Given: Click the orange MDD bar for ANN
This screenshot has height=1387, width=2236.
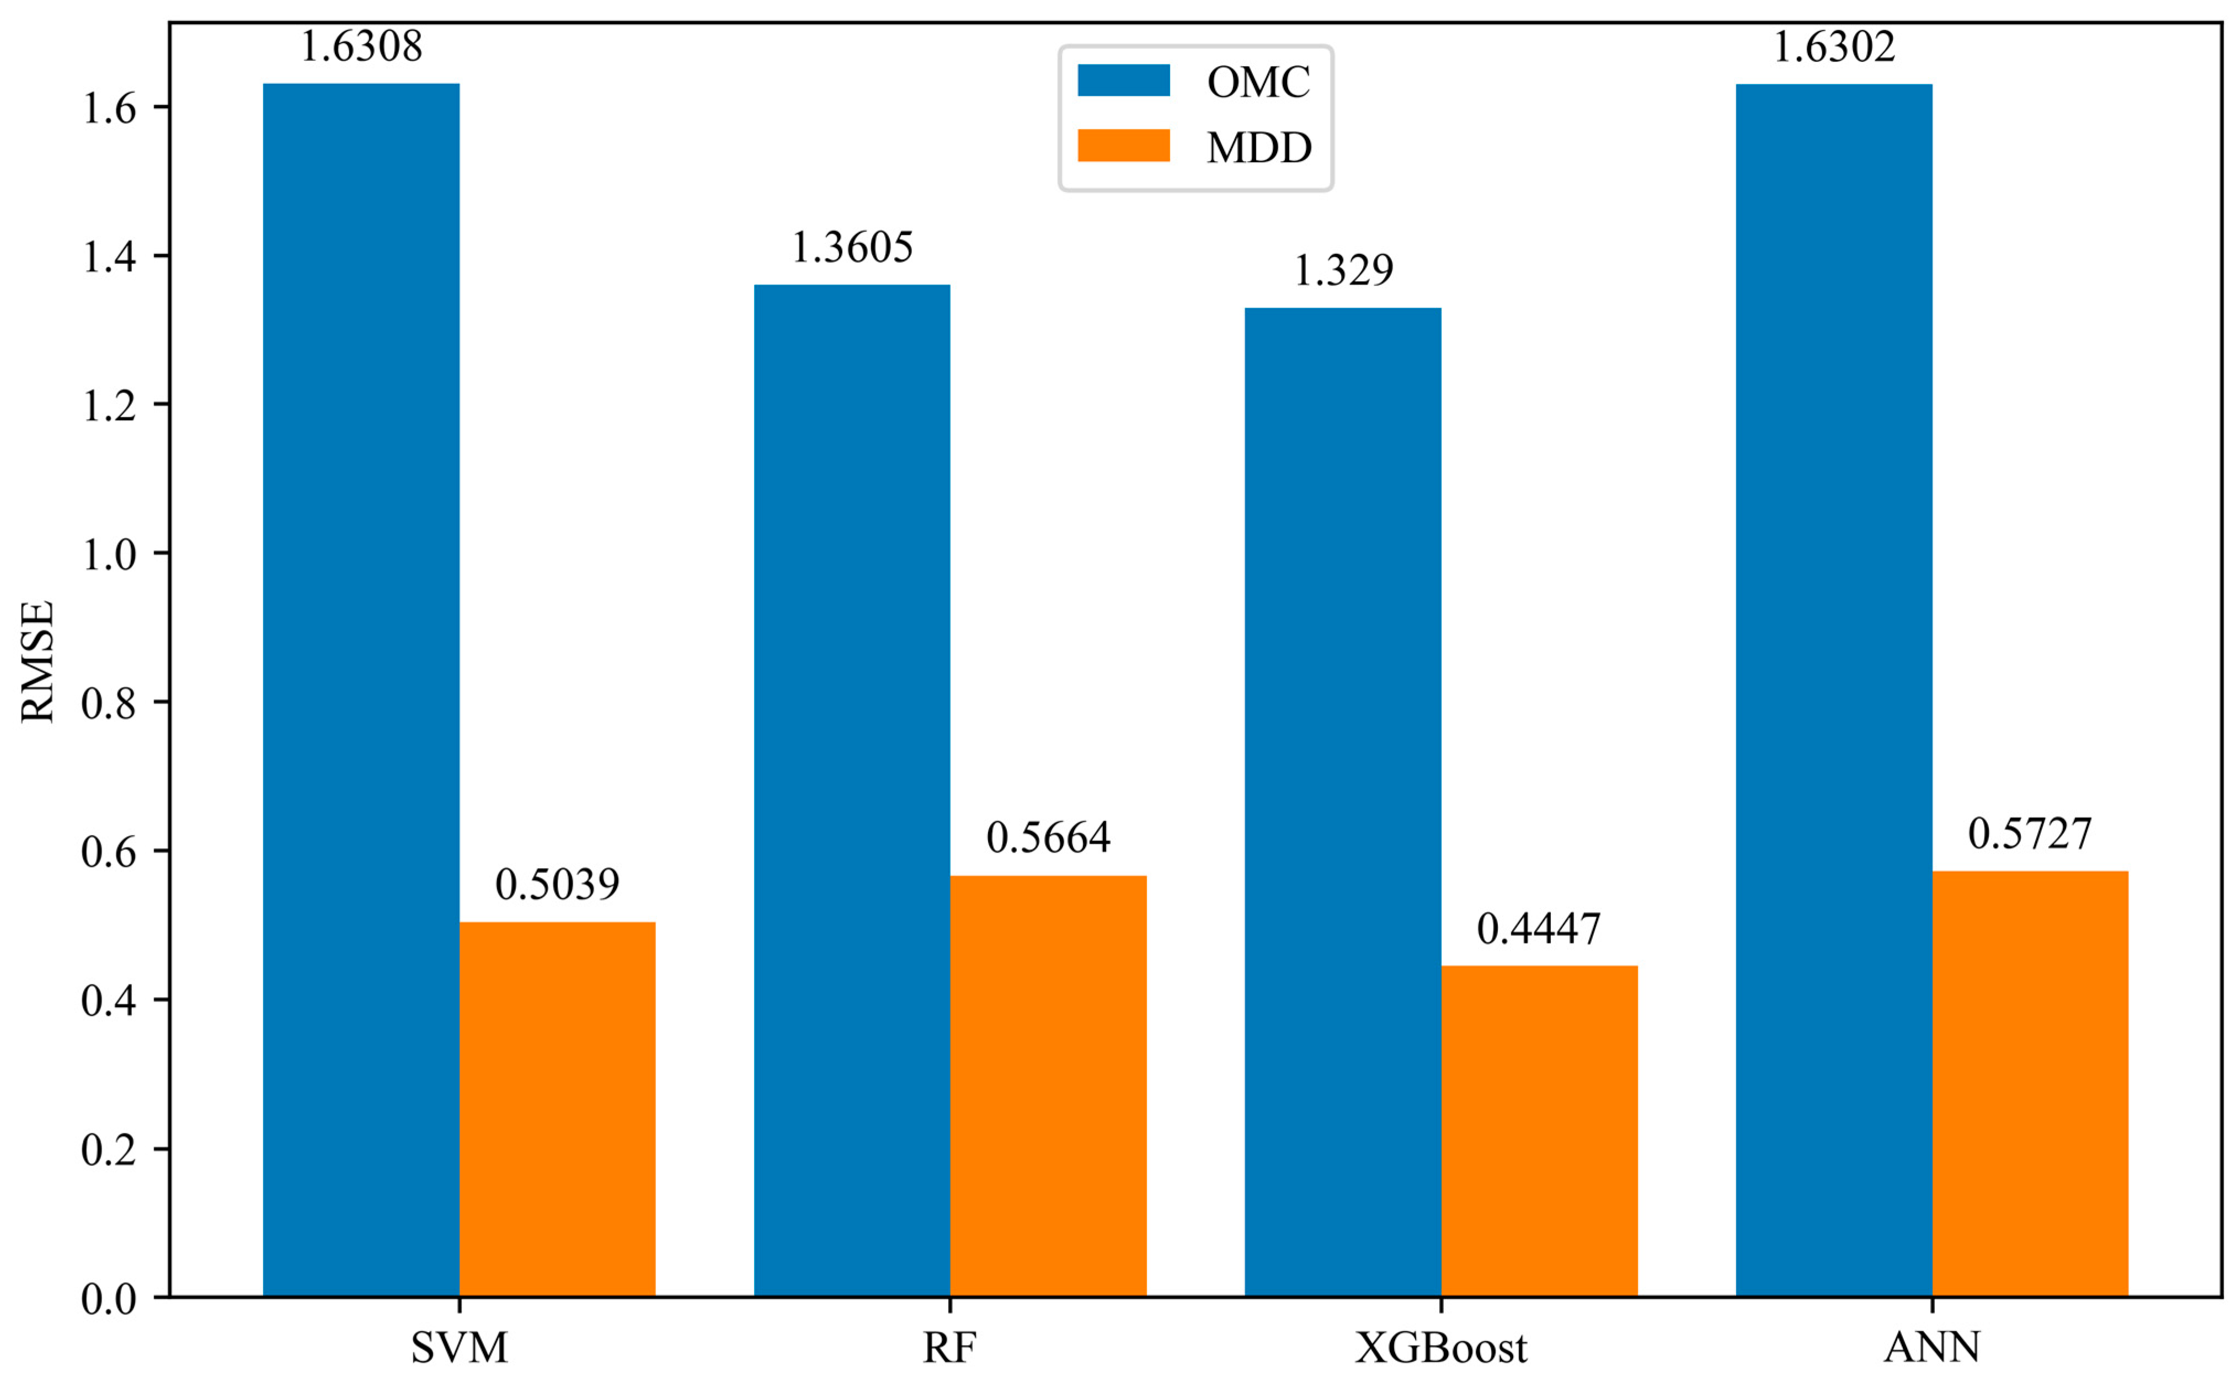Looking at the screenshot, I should coord(2030,1083).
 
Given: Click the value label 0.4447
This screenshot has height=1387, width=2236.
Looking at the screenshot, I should coord(1539,929).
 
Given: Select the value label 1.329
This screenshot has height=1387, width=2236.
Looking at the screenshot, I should coord(1343,270).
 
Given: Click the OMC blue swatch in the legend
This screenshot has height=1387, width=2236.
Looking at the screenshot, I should coord(1123,81).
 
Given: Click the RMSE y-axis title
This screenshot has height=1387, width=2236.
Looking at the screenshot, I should coord(38,661).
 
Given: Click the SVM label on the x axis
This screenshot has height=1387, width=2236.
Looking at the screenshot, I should coord(459,1347).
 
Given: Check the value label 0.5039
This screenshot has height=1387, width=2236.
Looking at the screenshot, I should coord(557,884).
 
